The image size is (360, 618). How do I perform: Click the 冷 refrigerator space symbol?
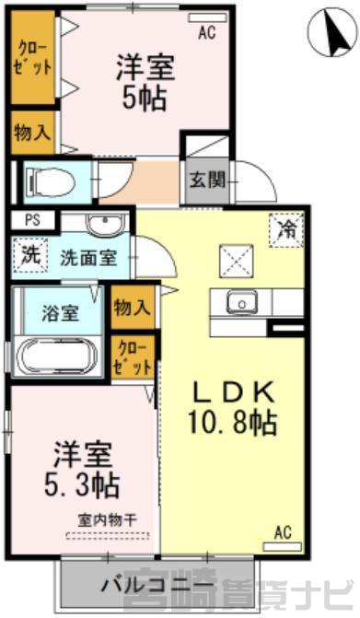[286, 229]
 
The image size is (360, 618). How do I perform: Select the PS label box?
[33, 220]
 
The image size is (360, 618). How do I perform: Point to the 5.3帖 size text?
[82, 486]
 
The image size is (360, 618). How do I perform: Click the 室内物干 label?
[108, 521]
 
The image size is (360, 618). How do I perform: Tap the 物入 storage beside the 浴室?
[133, 307]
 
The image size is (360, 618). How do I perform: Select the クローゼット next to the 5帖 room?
[33, 57]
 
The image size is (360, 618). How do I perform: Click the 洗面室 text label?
[88, 258]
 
